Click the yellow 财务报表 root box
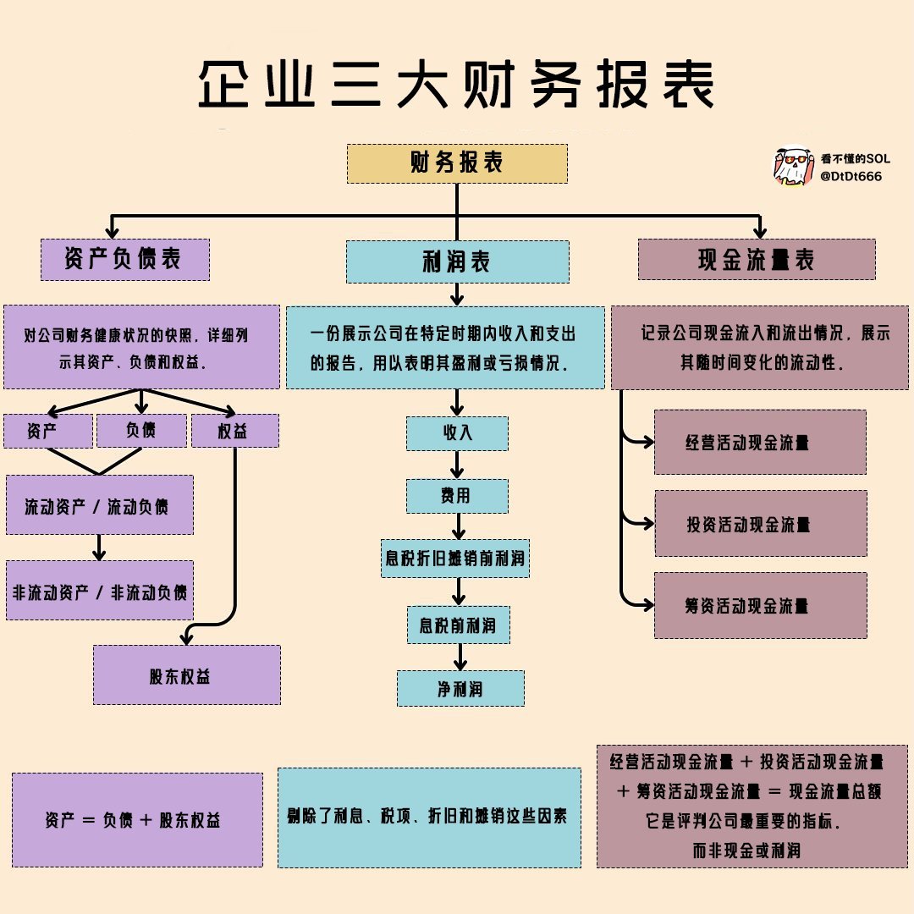point(457,163)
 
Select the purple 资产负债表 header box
point(124,260)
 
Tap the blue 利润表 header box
point(457,262)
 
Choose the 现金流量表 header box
point(756,260)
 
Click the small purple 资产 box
point(47,431)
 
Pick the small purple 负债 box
point(141,431)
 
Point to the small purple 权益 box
point(234,431)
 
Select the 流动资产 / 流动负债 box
point(99,505)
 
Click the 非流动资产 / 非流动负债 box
point(99,590)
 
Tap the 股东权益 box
point(186,674)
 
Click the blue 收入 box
point(457,433)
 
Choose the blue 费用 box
point(457,496)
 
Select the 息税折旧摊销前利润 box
point(455,559)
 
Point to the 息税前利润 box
point(458,625)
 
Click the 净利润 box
point(460,688)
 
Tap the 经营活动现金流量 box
point(760,442)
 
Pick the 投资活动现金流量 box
point(760,523)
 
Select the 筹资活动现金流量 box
point(760,605)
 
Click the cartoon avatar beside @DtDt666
point(792,168)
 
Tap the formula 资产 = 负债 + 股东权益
point(137,819)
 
